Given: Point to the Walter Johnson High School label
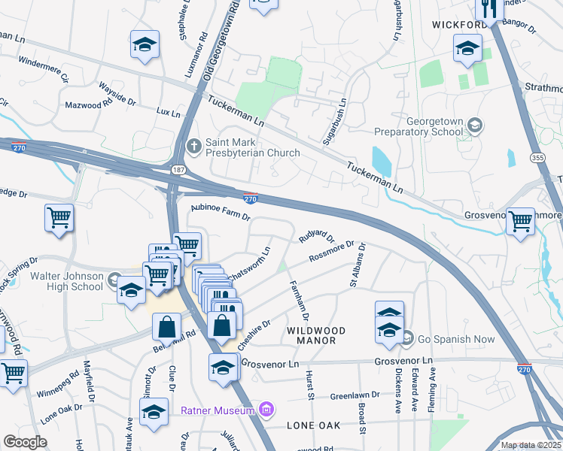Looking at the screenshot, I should coord(66,281).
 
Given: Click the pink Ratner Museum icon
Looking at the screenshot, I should coord(265,410).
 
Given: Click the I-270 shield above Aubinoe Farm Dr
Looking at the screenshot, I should coord(251,198).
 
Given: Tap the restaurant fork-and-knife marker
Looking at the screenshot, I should coord(490,9).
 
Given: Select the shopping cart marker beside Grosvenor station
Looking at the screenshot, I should coord(520,221).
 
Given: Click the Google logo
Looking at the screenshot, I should coord(24,442).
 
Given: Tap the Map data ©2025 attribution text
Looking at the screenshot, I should coord(531,445).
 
